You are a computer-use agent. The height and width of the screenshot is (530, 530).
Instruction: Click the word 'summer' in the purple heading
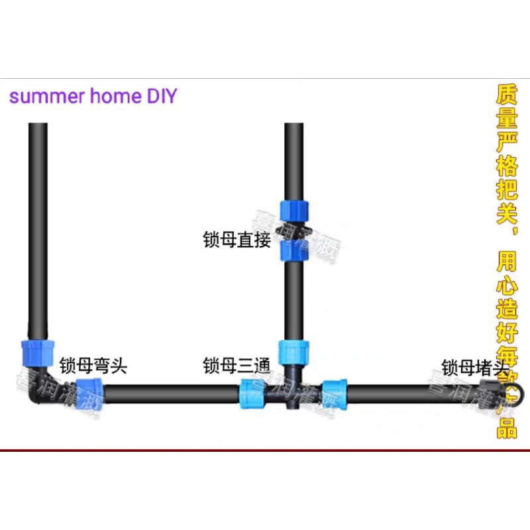[44, 96]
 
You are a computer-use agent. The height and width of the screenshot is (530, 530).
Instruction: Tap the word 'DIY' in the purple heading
[160, 96]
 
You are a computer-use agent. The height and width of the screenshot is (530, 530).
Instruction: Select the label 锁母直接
[237, 240]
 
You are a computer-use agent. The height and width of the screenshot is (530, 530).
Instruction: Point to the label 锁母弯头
[93, 365]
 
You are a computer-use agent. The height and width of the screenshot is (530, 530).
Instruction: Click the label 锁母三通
[237, 365]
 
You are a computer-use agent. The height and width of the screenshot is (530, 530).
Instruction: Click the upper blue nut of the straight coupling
[293, 210]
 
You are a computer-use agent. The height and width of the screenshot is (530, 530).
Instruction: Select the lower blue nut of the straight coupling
[293, 250]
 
